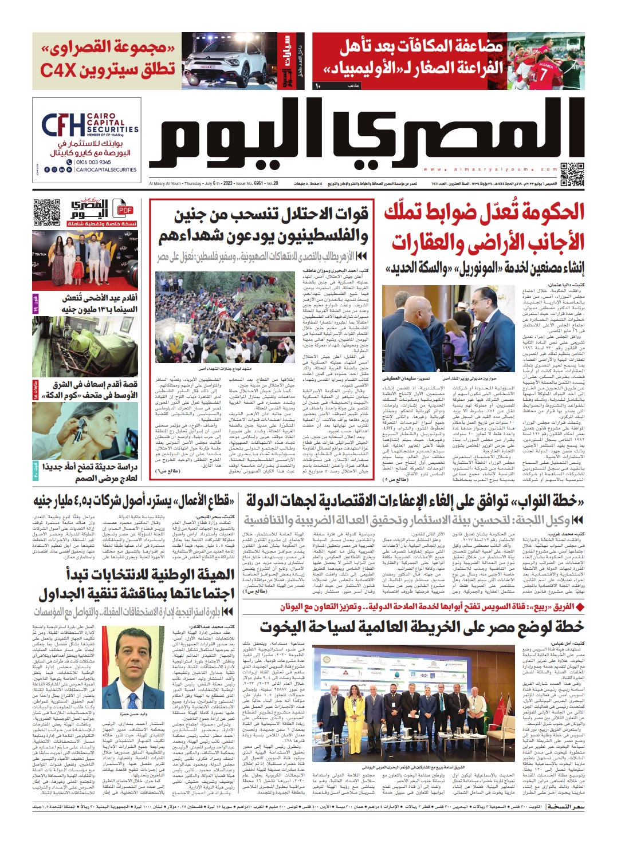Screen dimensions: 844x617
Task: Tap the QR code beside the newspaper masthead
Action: pyautogui.click(x=571, y=175)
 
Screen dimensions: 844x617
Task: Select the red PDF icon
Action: pyautogui.click(x=125, y=210)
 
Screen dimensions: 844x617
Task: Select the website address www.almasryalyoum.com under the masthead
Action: pyautogui.click(x=490, y=169)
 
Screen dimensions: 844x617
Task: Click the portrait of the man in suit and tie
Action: pyautogui.click(x=133, y=665)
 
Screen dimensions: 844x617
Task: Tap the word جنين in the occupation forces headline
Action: pyautogui.click(x=189, y=216)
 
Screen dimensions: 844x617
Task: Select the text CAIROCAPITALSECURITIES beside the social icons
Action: pyautogui.click(x=106, y=170)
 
